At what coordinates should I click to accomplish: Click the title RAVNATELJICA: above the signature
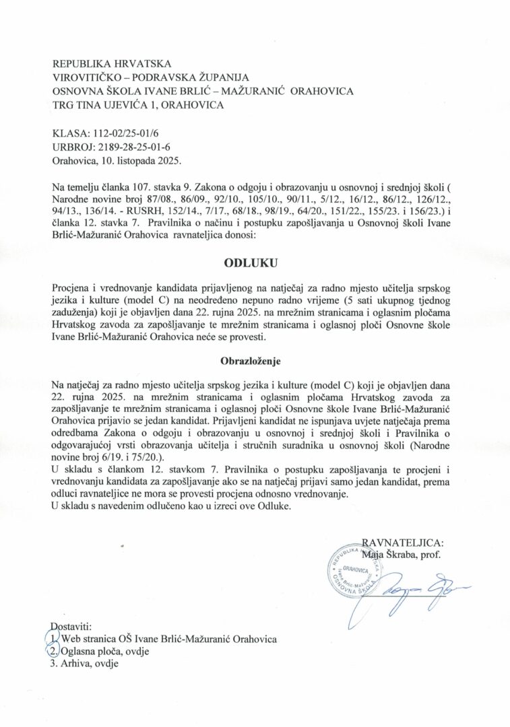pos(403,543)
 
